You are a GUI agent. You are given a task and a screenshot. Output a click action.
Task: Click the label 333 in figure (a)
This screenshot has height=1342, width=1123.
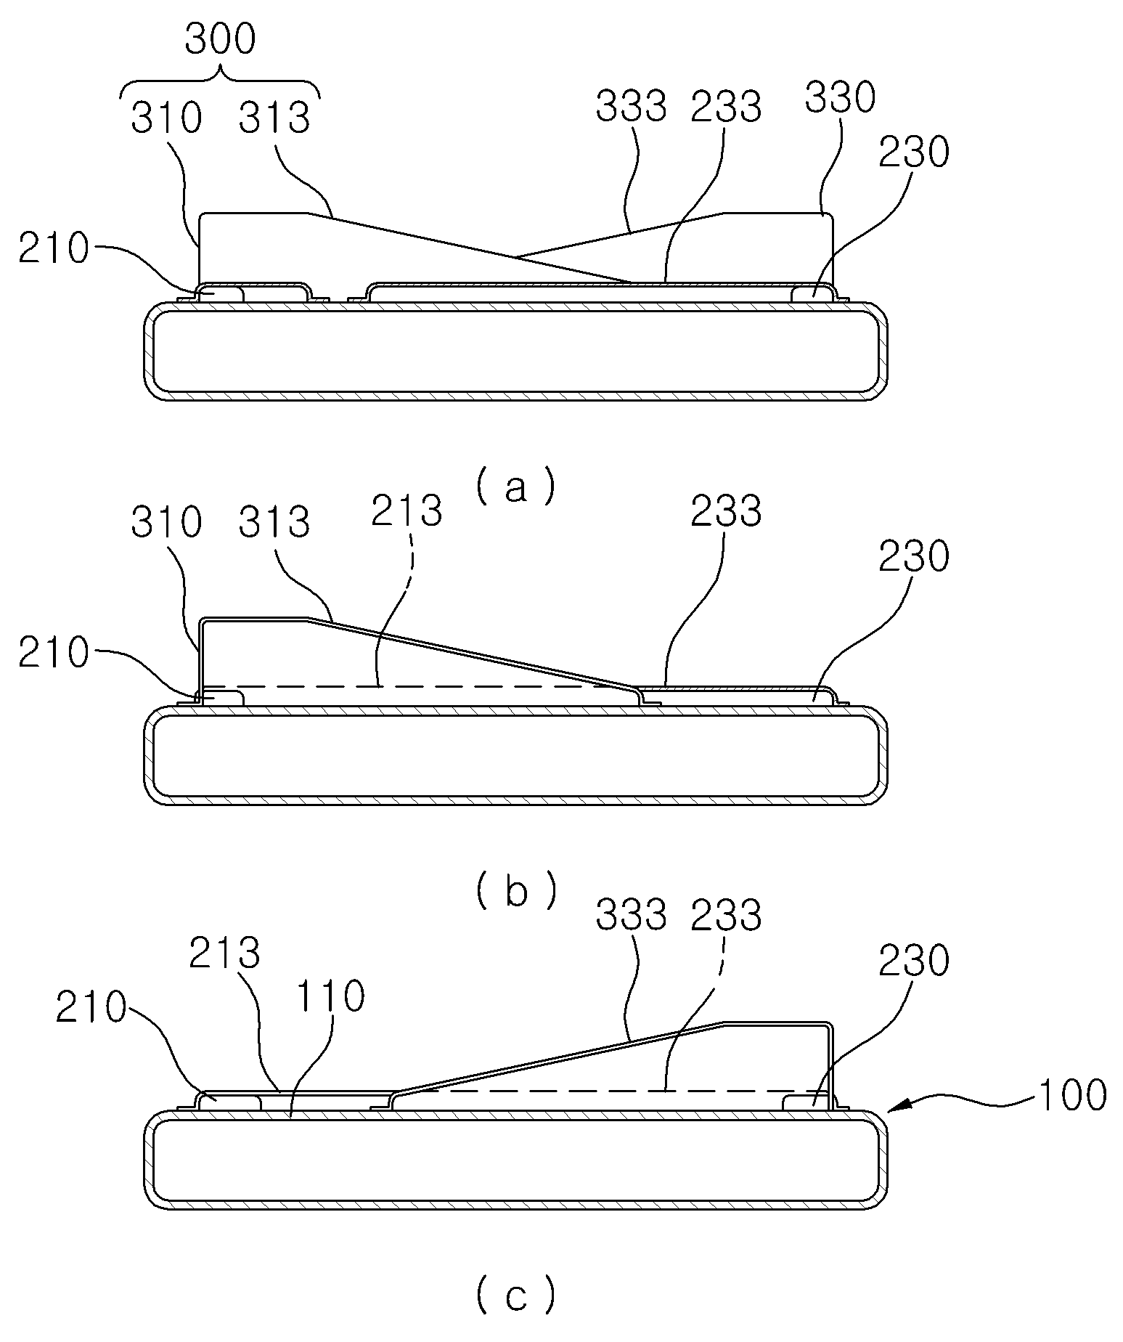[x=632, y=107]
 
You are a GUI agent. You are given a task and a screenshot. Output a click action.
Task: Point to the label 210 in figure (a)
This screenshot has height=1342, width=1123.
[x=53, y=249]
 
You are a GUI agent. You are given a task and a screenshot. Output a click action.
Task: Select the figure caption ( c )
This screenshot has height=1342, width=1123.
[x=516, y=1296]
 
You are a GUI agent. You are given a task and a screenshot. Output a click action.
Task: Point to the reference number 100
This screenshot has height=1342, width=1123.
[x=1071, y=1095]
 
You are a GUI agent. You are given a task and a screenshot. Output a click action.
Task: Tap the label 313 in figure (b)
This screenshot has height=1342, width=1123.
[x=274, y=522]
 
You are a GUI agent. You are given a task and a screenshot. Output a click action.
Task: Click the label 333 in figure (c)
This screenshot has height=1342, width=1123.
[x=632, y=916]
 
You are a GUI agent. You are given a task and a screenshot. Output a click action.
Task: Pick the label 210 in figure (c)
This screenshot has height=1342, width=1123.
[x=91, y=1009]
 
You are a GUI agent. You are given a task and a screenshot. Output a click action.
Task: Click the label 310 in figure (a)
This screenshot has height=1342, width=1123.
[x=166, y=118]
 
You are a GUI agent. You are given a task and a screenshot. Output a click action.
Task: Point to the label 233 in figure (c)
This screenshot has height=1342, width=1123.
[x=726, y=916]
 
